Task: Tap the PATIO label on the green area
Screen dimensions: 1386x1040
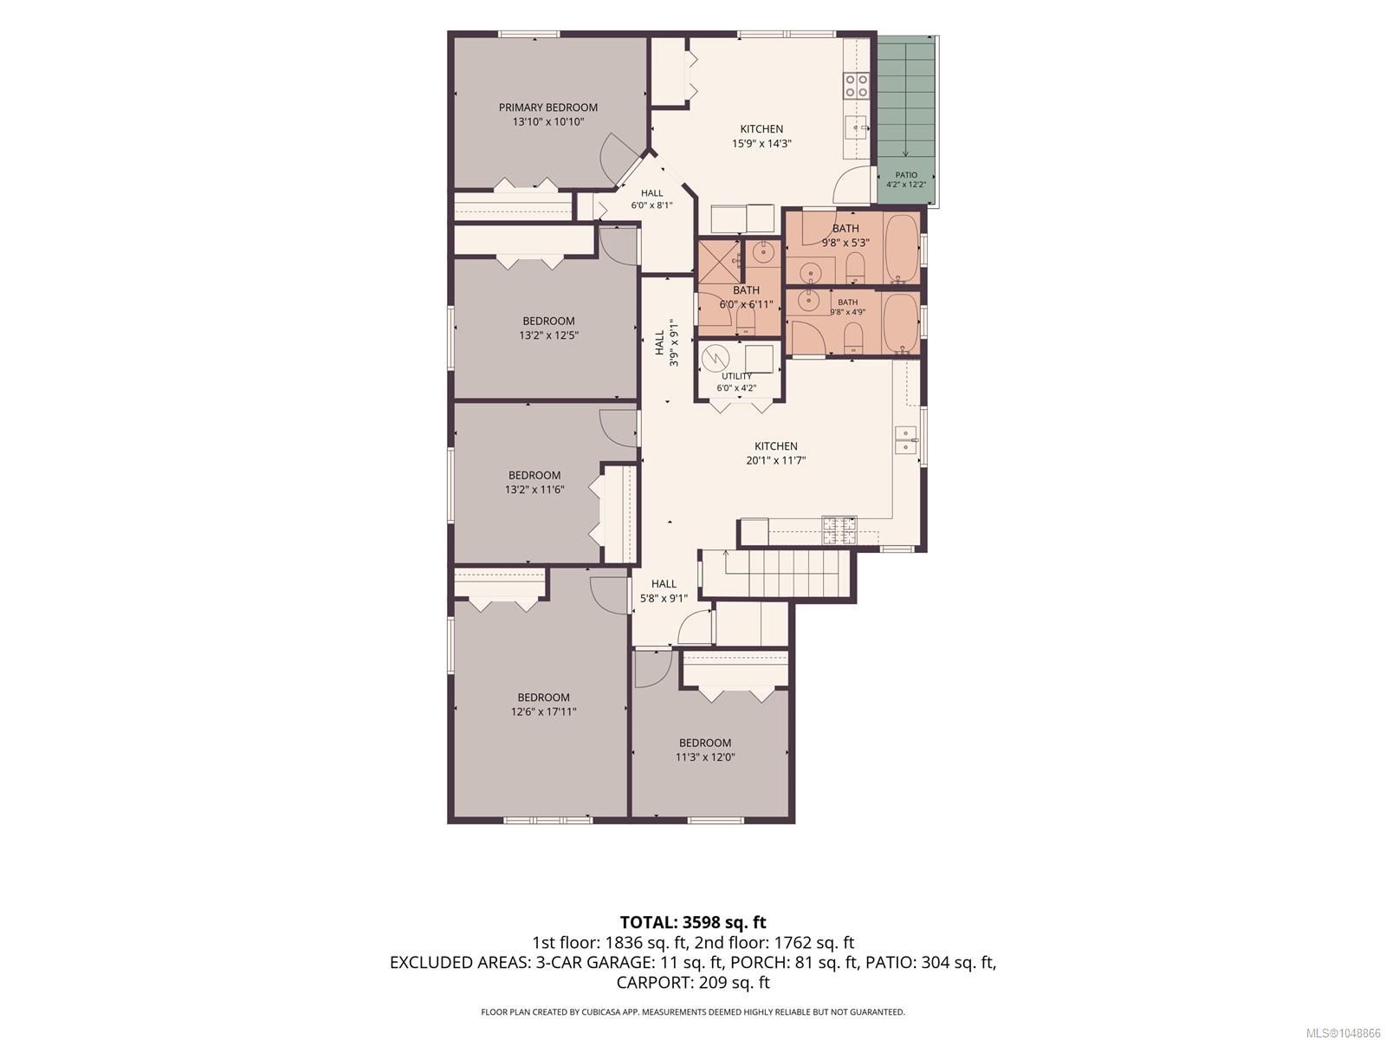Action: click(905, 175)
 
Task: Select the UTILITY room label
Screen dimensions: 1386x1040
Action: click(736, 376)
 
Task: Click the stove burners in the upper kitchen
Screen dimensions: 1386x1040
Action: click(856, 86)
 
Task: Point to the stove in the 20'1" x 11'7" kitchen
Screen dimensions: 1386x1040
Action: click(839, 530)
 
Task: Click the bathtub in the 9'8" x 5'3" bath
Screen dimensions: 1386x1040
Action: click(901, 249)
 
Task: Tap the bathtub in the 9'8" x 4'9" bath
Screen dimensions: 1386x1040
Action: click(901, 322)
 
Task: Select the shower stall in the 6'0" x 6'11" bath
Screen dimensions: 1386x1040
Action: click(719, 262)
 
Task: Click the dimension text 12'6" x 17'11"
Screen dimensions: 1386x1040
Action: click(543, 712)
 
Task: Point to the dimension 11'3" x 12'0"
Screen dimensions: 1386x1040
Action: click(704, 757)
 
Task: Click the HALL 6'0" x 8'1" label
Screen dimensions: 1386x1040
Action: click(651, 199)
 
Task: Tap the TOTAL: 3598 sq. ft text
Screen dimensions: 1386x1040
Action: click(693, 922)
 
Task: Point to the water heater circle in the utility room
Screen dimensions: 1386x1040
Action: click(716, 359)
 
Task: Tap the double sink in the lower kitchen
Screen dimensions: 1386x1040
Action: click(906, 440)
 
